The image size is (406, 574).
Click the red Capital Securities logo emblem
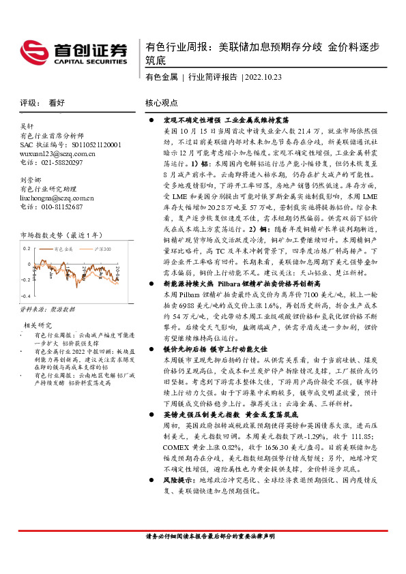click(34, 52)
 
